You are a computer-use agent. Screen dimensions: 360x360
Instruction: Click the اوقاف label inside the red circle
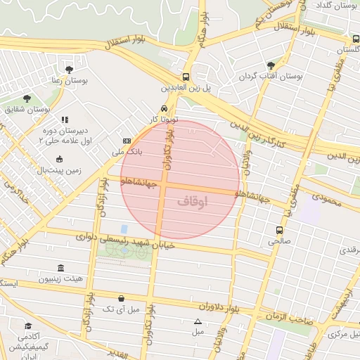[x=193, y=201]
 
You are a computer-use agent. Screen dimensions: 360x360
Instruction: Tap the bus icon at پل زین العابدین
[x=186, y=77]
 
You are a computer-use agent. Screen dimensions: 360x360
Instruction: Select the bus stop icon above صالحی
[x=279, y=229]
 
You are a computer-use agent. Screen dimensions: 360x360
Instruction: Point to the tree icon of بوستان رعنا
[x=69, y=69]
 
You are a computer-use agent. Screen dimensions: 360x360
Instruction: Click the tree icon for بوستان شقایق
[x=27, y=98]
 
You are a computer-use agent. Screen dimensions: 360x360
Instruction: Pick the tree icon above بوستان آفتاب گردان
[x=271, y=65]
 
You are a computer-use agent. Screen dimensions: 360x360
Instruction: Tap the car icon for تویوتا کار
[x=163, y=109]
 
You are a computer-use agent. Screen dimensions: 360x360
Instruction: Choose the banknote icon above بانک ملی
[x=127, y=141]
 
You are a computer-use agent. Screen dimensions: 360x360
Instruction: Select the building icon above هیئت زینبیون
[x=60, y=268]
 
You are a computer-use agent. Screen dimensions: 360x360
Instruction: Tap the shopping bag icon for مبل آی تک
[x=121, y=298]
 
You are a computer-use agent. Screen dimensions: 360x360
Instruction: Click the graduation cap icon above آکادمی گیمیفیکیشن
[x=28, y=326]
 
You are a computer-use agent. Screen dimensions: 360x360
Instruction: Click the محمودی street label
[x=325, y=202]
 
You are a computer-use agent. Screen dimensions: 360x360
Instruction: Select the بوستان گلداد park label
[x=333, y=6]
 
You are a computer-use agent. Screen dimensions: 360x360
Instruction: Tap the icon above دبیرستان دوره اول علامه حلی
[x=65, y=120]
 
